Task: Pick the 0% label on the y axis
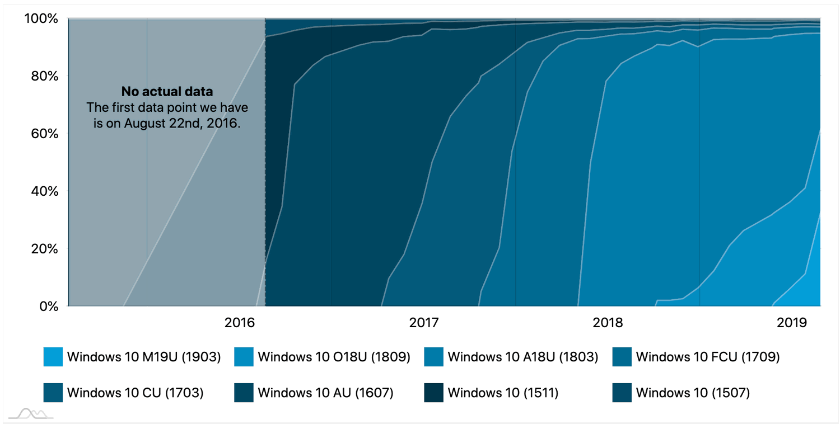pyautogui.click(x=47, y=306)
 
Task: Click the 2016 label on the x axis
pyautogui.click(x=240, y=323)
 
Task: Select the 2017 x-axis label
pyautogui.click(x=424, y=323)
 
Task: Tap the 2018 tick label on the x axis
pyautogui.click(x=608, y=323)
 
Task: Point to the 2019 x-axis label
pyautogui.click(x=792, y=323)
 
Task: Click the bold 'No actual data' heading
pyautogui.click(x=167, y=91)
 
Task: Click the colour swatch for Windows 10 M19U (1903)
pyautogui.click(x=53, y=357)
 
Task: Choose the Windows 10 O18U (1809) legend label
pyautogui.click(x=334, y=357)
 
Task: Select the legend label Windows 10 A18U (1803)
pyautogui.click(x=523, y=357)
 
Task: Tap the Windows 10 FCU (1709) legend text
pyautogui.click(x=708, y=357)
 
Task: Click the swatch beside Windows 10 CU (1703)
pyautogui.click(x=53, y=393)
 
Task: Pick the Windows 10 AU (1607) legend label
pyautogui.click(x=325, y=393)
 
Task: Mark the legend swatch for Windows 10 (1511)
pyautogui.click(x=433, y=393)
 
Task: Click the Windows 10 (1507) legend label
pyautogui.click(x=693, y=393)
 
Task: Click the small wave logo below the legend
pyautogui.click(x=31, y=413)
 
